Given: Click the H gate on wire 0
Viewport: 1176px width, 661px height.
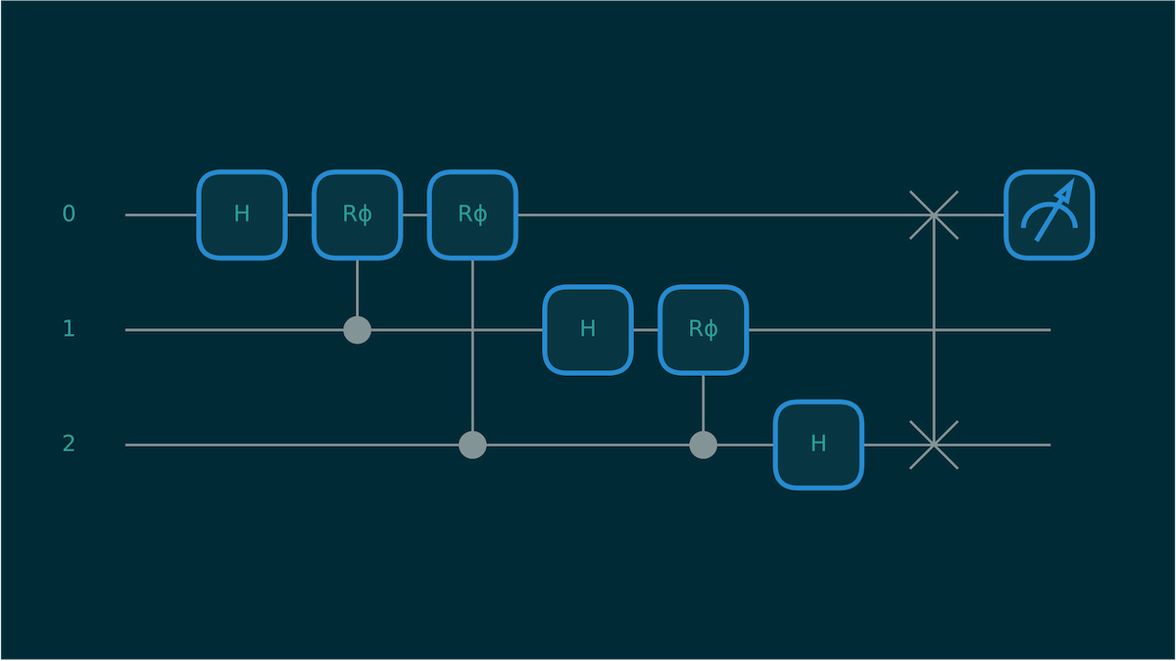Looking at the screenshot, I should [x=242, y=214].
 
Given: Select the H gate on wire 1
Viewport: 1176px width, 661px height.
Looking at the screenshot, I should [x=588, y=330].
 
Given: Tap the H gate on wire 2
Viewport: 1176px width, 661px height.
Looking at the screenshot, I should [x=818, y=445].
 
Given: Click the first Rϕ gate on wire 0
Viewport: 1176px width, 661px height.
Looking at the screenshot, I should [x=358, y=214].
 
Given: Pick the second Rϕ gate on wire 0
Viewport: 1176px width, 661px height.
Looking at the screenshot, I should [x=472, y=214].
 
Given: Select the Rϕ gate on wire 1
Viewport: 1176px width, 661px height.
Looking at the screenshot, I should [x=703, y=330].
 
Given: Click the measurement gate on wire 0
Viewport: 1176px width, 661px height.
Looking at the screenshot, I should [x=1049, y=214].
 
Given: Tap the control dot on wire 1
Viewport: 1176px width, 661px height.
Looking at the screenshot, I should [x=358, y=330].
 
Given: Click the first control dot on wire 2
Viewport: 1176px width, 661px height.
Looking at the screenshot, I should [x=472, y=445].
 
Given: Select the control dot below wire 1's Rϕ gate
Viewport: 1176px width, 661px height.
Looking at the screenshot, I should [x=703, y=445].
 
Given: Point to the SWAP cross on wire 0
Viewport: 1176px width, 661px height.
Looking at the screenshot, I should [x=934, y=214].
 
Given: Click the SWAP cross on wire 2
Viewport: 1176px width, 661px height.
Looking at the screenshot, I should [x=934, y=445].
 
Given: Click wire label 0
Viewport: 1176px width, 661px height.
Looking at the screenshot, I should [x=69, y=213].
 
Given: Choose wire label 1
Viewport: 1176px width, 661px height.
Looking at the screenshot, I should [x=69, y=329].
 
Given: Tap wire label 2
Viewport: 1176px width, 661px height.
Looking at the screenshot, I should [x=69, y=444].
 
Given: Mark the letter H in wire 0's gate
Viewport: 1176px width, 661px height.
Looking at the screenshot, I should [x=242, y=214].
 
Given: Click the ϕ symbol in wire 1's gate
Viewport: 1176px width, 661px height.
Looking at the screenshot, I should [x=710, y=330].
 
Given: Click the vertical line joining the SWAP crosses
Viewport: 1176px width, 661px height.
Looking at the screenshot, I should [x=934, y=330].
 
